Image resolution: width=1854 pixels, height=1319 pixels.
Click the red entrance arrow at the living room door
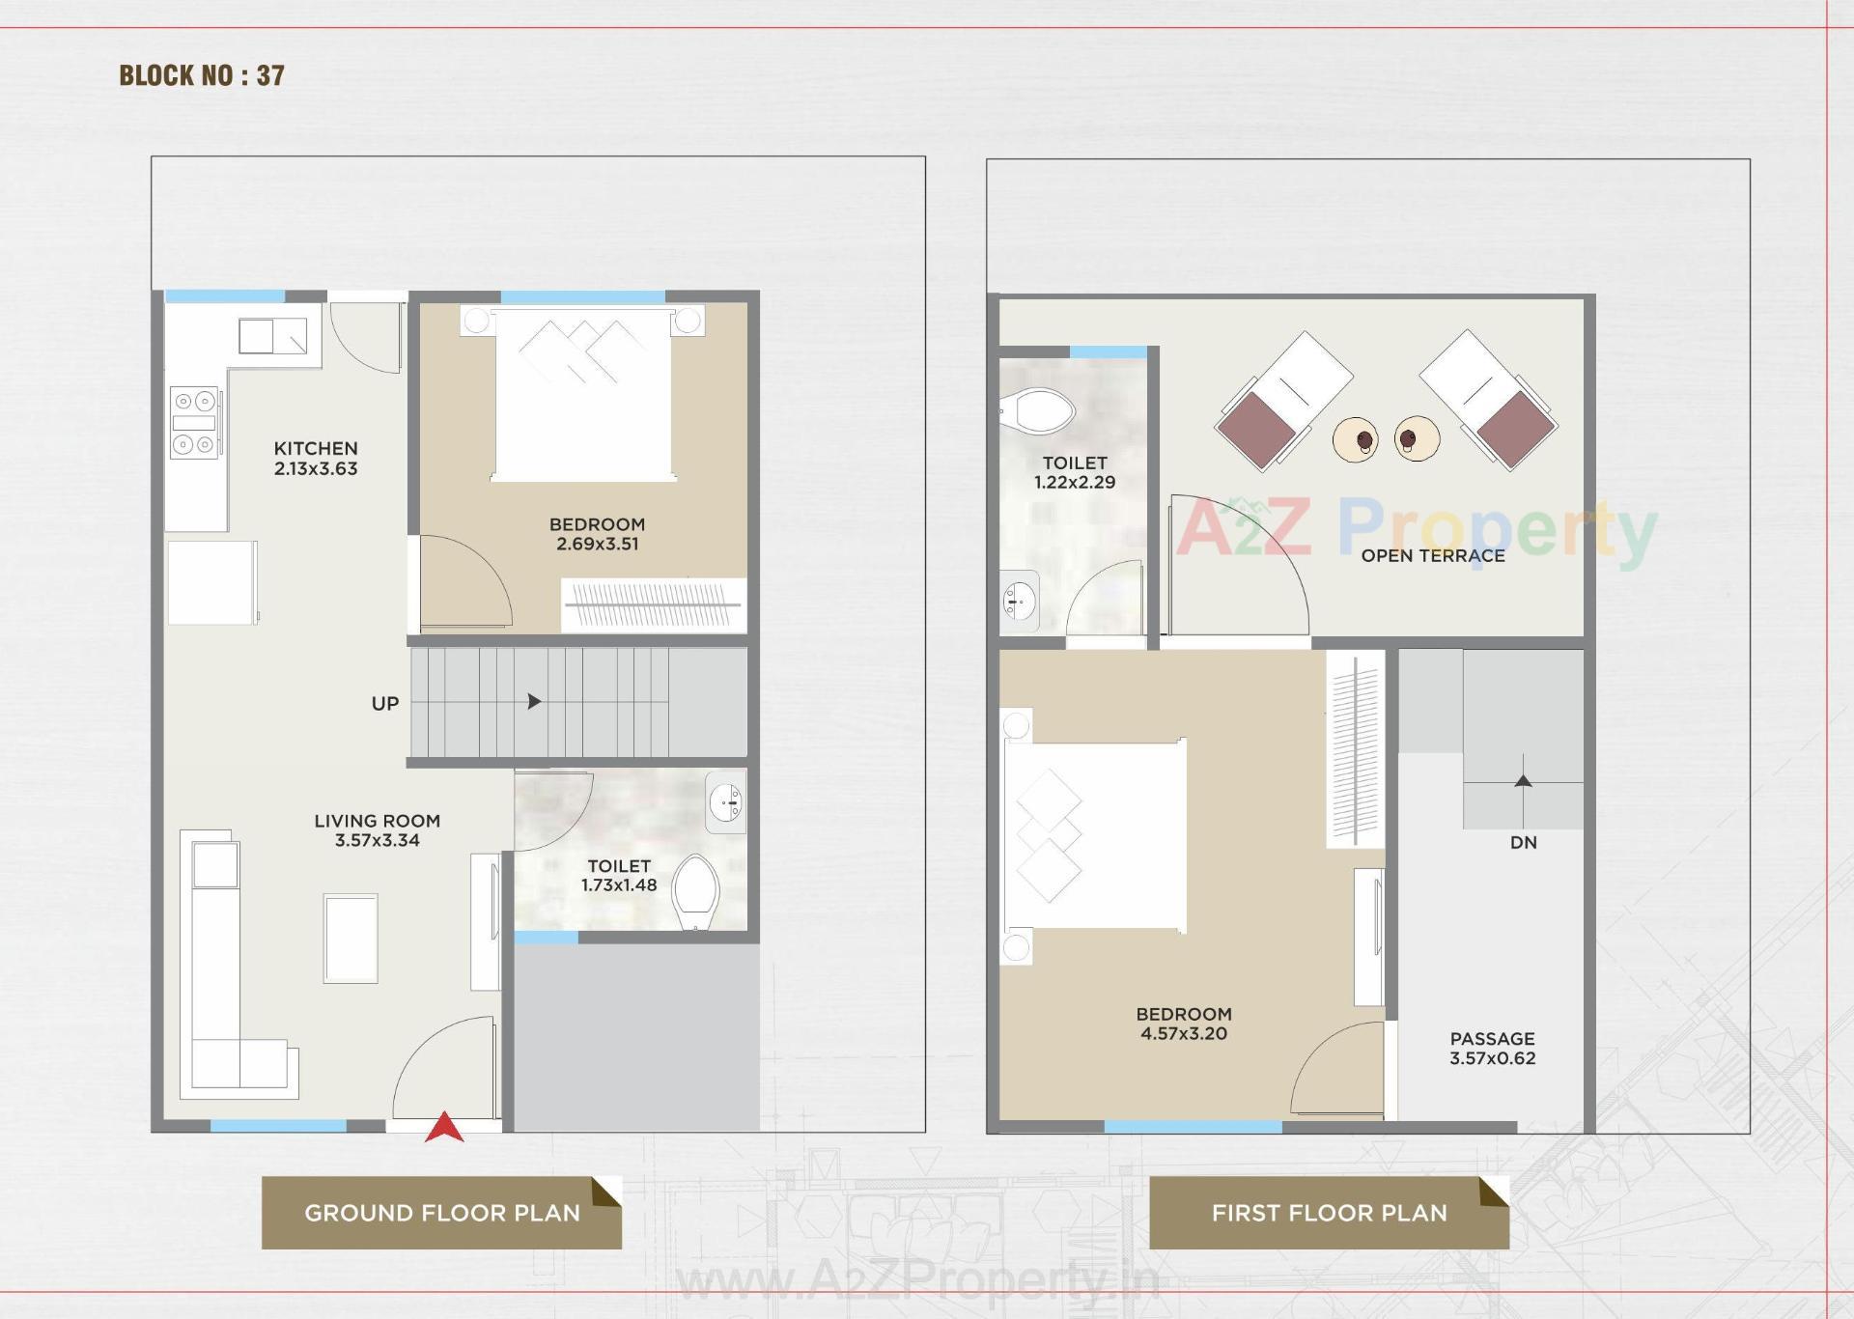(x=444, y=1128)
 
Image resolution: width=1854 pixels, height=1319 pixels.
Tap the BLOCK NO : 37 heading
(x=202, y=75)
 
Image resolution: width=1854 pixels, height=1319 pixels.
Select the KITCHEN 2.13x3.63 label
(x=316, y=459)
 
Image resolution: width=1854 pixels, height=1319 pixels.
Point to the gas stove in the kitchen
(x=194, y=422)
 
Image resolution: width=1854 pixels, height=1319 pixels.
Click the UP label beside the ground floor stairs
(x=384, y=704)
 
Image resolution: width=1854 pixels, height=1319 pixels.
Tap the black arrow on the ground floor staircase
(x=534, y=702)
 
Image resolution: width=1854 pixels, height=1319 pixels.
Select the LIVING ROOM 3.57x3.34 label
(x=377, y=830)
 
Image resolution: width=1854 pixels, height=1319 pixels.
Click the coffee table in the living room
(x=351, y=939)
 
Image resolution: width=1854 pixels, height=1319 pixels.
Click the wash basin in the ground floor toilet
(x=726, y=801)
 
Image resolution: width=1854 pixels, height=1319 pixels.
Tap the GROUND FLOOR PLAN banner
(x=441, y=1213)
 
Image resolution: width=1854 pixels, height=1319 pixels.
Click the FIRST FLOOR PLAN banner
(x=1329, y=1213)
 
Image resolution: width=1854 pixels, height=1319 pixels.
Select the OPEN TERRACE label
(x=1432, y=556)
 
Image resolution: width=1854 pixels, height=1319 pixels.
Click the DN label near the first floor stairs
(x=1523, y=843)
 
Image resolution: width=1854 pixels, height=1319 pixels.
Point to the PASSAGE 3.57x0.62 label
(x=1492, y=1049)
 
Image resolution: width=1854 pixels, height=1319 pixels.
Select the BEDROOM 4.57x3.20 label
(x=1183, y=1024)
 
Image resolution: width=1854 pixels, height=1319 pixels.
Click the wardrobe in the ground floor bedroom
(x=653, y=605)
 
